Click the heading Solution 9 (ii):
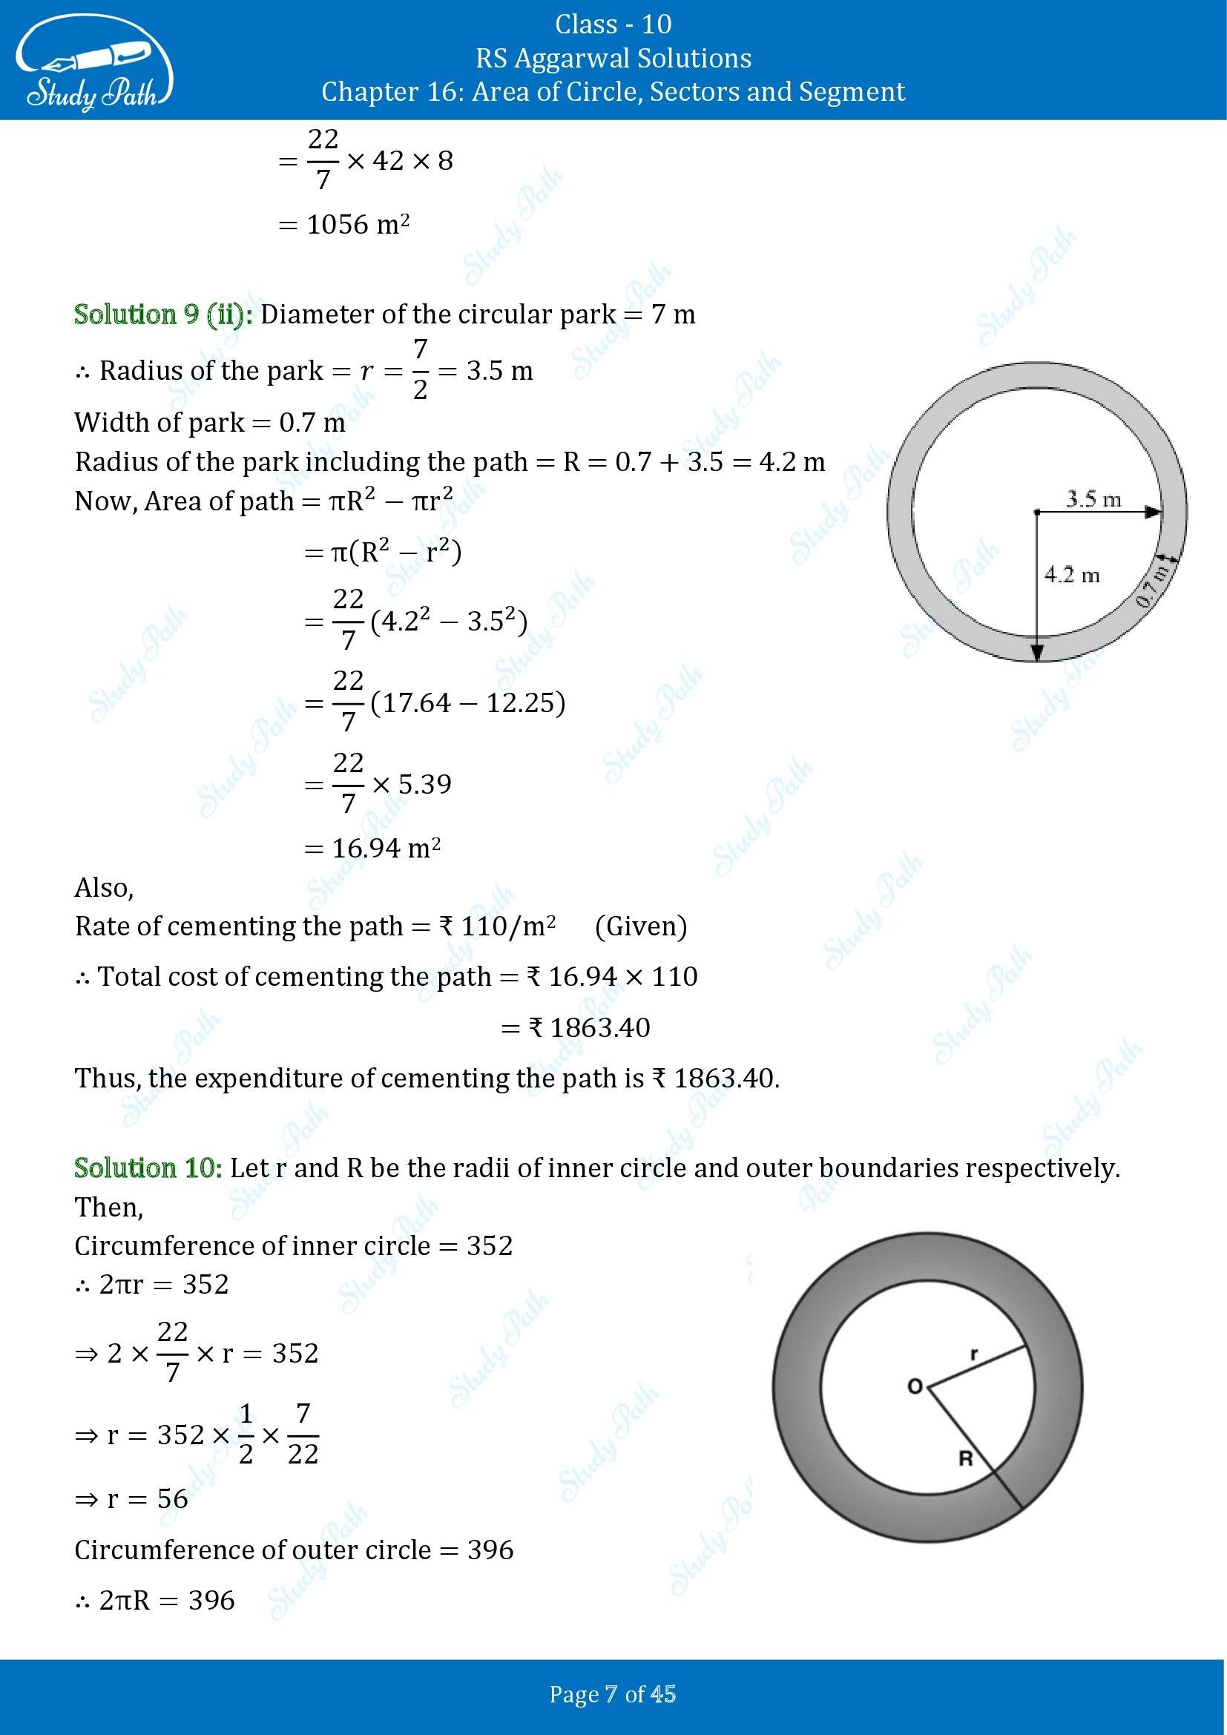point(163,315)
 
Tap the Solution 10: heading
point(148,1168)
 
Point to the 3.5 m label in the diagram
point(1093,498)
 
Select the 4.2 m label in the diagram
point(1071,575)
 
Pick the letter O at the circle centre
point(914,1386)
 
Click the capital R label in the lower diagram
point(965,1458)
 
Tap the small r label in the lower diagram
point(974,1355)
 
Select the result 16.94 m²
point(386,849)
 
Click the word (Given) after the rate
point(641,926)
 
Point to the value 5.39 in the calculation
point(424,784)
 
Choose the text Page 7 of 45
point(613,1695)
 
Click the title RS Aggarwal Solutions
point(613,58)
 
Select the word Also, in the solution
point(105,888)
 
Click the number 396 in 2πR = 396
point(211,1601)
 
